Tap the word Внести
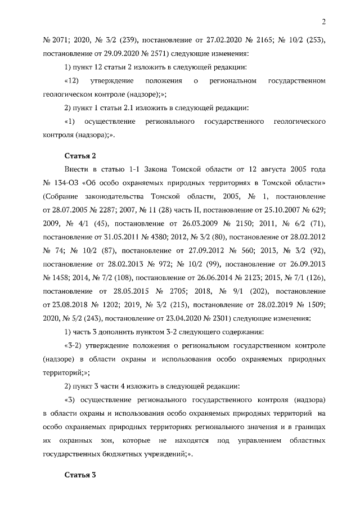[76, 169]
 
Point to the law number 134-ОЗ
[67, 182]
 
